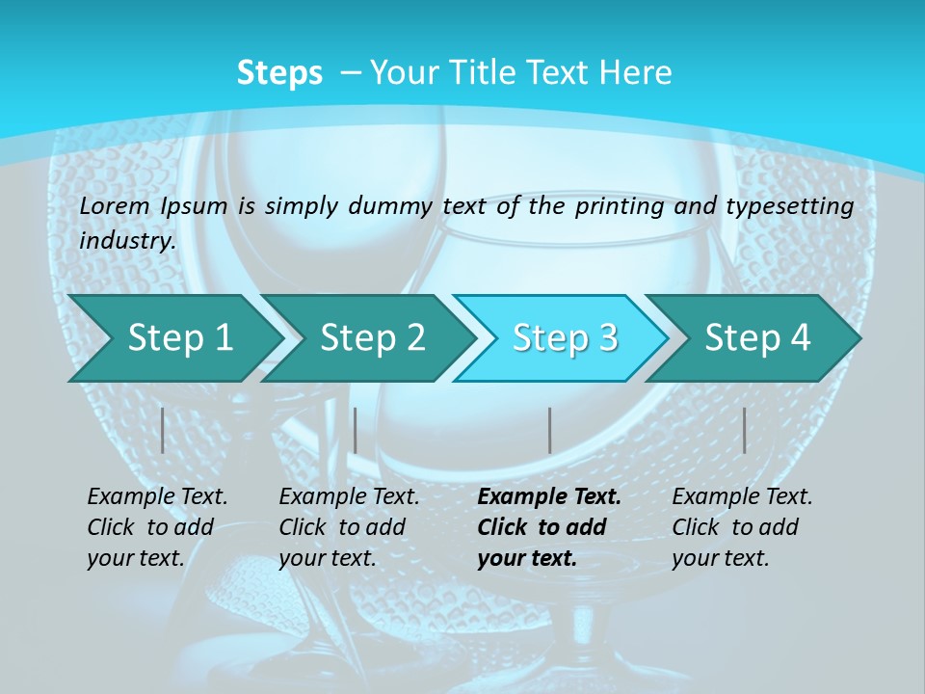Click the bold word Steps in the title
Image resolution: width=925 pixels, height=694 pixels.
click(x=279, y=73)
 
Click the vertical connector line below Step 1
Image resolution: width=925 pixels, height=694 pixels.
click(x=163, y=430)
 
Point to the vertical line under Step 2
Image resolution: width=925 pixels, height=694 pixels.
click(x=356, y=430)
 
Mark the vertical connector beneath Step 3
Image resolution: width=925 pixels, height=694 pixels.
click(x=549, y=430)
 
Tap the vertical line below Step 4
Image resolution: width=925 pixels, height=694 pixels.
click(x=744, y=430)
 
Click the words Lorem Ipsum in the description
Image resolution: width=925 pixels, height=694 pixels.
click(x=153, y=206)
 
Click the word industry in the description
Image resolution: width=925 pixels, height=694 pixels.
click(x=125, y=241)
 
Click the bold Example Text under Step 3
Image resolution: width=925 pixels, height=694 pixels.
click(x=549, y=497)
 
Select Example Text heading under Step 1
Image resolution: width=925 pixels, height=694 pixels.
click(x=157, y=497)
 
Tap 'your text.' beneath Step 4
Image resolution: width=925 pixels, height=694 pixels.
click(x=720, y=558)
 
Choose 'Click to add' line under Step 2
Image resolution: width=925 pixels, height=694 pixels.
click(x=342, y=528)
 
